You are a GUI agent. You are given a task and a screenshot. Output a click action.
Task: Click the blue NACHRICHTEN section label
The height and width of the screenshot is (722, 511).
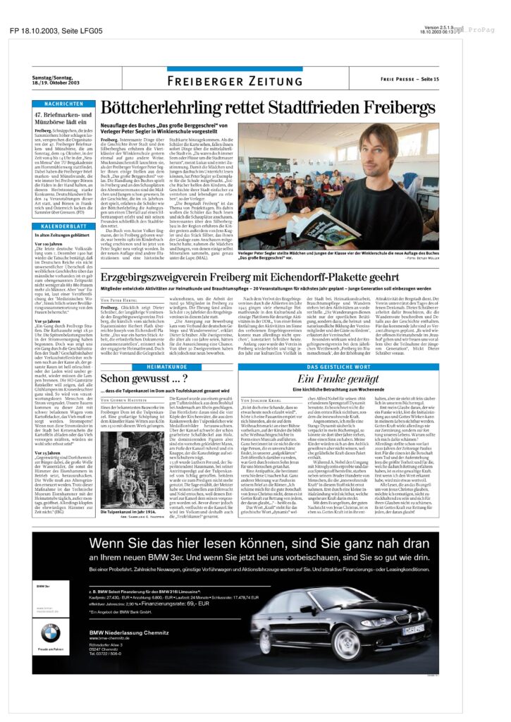pyautogui.click(x=63, y=104)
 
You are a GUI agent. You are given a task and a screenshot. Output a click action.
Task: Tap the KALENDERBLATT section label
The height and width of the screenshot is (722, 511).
pyautogui.click(x=63, y=226)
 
